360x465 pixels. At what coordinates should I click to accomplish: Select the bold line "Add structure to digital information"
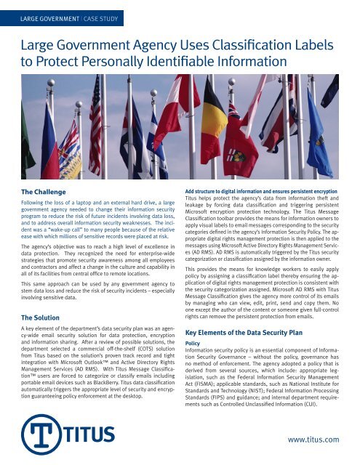coord(240,188)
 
